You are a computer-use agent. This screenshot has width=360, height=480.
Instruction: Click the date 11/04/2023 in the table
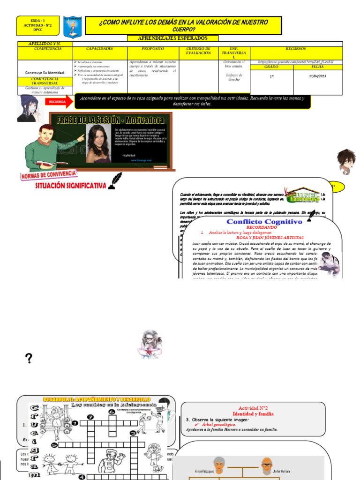point(318,76)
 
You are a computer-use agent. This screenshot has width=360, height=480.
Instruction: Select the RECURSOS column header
point(296,48)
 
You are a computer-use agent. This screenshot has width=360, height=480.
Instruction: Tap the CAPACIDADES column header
point(99,48)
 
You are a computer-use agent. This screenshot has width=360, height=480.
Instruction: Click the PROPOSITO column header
point(152,48)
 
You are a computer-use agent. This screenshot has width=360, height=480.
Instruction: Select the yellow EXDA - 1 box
point(38,26)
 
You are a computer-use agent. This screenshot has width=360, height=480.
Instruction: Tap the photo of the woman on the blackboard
point(98,143)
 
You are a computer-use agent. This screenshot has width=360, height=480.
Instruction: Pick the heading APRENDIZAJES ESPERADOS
point(172,38)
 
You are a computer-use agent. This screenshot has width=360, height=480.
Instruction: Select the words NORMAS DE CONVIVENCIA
point(48,175)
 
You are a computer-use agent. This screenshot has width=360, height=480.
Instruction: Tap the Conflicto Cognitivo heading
point(264,221)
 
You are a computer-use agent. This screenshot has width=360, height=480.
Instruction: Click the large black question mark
point(29,359)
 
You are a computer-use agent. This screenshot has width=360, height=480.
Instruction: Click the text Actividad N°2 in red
point(254,408)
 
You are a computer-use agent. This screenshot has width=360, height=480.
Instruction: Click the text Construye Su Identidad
point(45,73)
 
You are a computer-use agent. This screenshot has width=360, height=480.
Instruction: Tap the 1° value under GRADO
point(271,76)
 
